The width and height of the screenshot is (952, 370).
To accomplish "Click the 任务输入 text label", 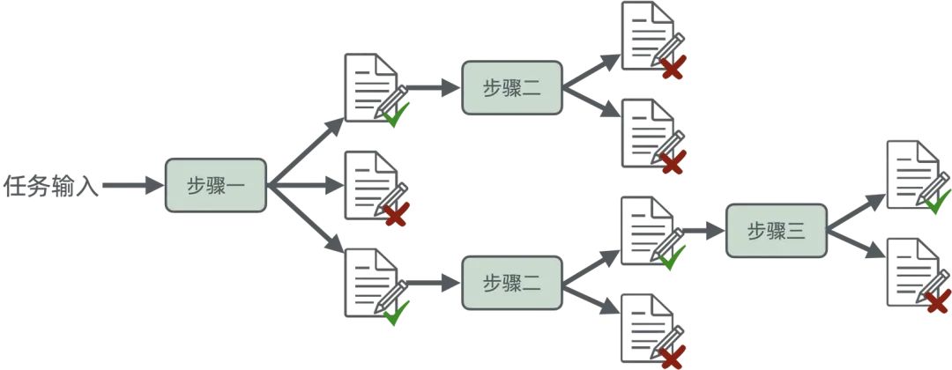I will tap(49, 186).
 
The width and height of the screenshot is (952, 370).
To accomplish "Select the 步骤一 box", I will tap(215, 185).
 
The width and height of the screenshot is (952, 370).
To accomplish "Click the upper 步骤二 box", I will tap(512, 88).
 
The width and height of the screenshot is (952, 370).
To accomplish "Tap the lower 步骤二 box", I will tap(512, 283).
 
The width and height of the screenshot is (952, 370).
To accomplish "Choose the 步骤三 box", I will tap(777, 231).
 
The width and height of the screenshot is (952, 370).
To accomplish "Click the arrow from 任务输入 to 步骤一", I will tap(132, 186).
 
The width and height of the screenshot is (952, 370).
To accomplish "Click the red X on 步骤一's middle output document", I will tap(397, 214).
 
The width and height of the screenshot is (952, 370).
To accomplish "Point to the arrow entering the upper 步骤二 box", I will tap(435, 88).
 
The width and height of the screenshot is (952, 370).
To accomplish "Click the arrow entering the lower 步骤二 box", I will tap(435, 283).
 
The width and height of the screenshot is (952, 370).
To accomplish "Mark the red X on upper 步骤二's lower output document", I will tap(673, 163).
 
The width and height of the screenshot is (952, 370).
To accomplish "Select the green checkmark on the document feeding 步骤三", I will tap(673, 258).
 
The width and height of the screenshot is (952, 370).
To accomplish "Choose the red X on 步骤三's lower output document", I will tap(938, 301).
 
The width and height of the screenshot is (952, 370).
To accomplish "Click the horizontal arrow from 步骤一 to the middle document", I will tap(304, 186).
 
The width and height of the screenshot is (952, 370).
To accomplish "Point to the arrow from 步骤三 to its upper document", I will tap(855, 211).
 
